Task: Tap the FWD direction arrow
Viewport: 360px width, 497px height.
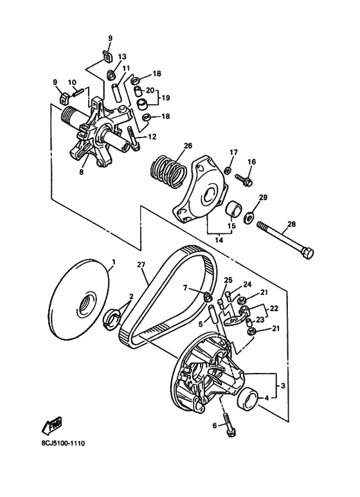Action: [51, 425]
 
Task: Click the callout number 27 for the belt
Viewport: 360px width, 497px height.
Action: [141, 264]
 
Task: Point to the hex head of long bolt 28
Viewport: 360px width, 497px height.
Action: [307, 253]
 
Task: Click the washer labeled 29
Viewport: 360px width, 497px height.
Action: [248, 217]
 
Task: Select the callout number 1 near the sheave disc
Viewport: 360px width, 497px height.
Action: [114, 262]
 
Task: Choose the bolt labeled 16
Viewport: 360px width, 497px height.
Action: [244, 179]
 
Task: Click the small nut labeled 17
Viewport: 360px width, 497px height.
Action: [228, 171]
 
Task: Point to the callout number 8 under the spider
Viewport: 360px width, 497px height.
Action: [82, 172]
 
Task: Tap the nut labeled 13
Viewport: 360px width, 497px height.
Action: [111, 75]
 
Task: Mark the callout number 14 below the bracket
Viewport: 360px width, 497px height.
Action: [219, 240]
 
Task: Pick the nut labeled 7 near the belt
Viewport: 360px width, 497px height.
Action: [208, 296]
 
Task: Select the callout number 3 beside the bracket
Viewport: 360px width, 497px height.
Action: [283, 386]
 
